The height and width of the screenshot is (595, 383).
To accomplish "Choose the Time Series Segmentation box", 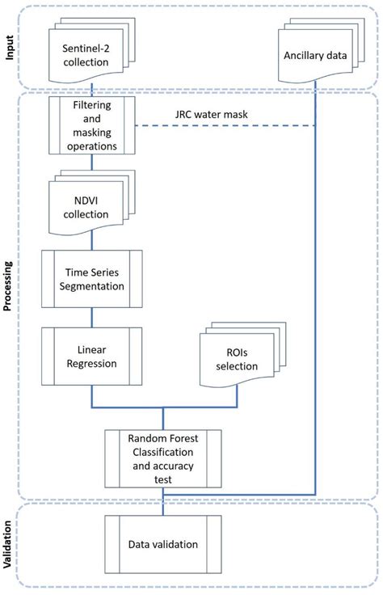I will pos(91,276).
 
